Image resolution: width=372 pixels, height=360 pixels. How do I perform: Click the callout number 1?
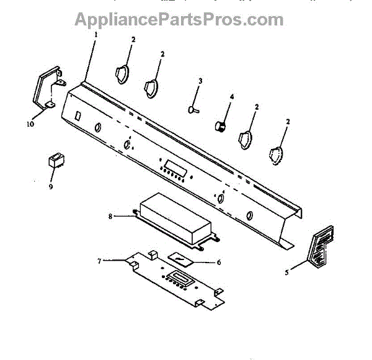click(x=97, y=35)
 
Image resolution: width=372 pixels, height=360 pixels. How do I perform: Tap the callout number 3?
click(x=200, y=81)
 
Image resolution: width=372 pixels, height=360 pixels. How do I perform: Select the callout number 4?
click(x=232, y=97)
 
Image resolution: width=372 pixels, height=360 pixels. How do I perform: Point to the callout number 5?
click(x=287, y=271)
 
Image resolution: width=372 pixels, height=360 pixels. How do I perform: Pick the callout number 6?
click(x=218, y=262)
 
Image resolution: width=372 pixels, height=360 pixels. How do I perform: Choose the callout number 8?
click(x=110, y=217)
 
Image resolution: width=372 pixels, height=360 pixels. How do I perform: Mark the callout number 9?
click(x=51, y=185)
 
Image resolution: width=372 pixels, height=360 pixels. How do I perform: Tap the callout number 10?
click(x=30, y=124)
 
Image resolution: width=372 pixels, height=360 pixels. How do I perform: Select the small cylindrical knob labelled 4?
click(x=219, y=126)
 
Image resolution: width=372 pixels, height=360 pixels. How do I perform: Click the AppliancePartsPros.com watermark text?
click(x=179, y=19)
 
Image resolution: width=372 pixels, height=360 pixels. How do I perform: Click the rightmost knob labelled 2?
click(x=275, y=156)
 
